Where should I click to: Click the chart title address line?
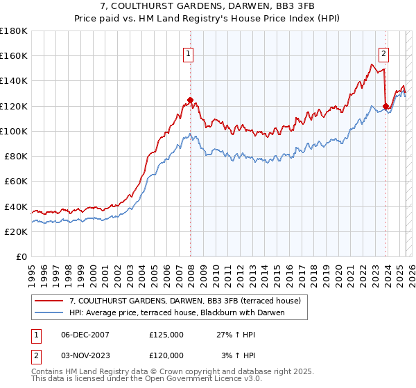207,6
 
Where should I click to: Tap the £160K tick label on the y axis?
14,55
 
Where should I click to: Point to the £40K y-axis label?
16,206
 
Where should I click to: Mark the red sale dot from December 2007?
190,100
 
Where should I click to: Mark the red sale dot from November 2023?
385,106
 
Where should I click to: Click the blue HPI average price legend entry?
177,312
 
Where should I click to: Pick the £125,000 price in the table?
166,334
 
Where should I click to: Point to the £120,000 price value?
166,355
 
